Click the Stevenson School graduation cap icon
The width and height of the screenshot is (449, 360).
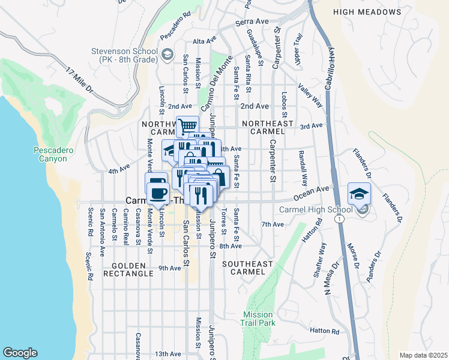167,56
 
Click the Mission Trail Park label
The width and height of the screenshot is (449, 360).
258,319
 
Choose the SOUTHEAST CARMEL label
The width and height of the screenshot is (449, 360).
248,268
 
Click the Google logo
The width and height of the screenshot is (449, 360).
20,353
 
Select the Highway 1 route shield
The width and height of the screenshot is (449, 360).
340,220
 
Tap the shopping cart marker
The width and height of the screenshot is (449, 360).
187,127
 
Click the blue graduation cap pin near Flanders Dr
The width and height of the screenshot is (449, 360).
359,193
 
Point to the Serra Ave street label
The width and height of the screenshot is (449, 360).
252,22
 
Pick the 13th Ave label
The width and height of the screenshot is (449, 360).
167,354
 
